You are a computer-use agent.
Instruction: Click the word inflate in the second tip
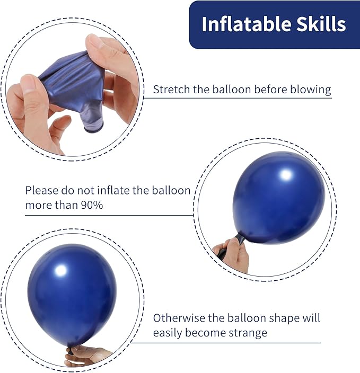(x=112, y=190)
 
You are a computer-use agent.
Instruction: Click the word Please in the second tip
(x=40, y=190)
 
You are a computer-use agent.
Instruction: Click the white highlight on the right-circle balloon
(x=286, y=174)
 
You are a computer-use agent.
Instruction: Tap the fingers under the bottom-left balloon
(x=87, y=355)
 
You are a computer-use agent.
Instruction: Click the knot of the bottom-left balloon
(x=71, y=350)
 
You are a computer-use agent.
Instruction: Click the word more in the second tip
(x=37, y=205)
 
